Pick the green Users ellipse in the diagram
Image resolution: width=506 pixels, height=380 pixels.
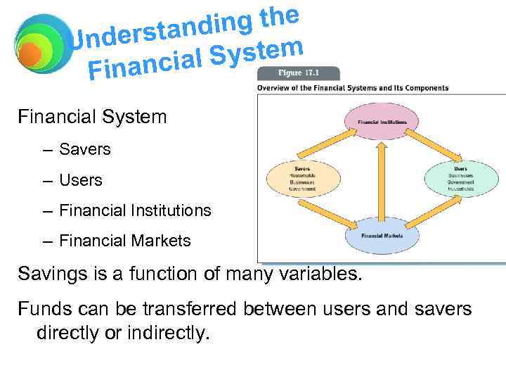[460, 179]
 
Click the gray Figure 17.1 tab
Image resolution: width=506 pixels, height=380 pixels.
[299, 73]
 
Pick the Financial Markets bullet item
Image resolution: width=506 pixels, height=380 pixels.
[125, 241]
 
